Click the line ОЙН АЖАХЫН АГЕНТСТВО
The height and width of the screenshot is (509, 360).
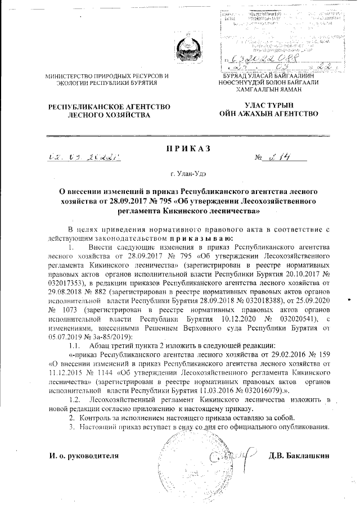[x=268, y=114]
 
